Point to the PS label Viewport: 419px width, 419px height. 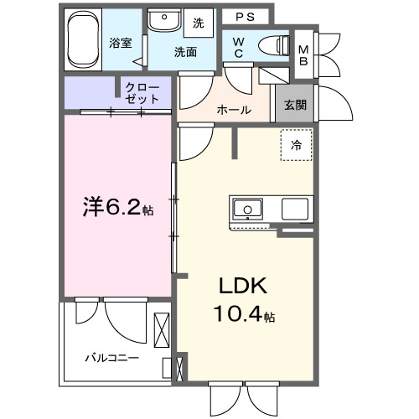pos(246,16)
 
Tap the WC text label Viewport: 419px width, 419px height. pos(239,48)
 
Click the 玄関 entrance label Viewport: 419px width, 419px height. pos(294,105)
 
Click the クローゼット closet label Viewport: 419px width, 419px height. pos(142,91)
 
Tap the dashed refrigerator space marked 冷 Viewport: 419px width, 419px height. pos(295,145)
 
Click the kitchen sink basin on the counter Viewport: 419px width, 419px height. pos(249,209)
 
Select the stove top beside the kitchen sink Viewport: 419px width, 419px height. pos(296,209)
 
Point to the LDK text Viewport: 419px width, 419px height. pos(243,287)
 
